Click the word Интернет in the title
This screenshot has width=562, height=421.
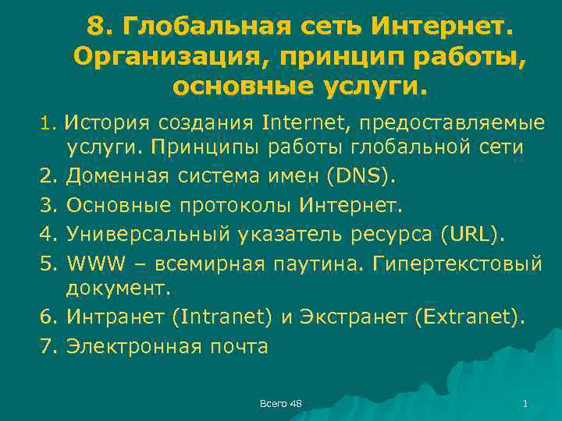(x=443, y=27)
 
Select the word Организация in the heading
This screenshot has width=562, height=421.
(x=169, y=56)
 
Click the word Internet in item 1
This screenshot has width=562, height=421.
(x=298, y=122)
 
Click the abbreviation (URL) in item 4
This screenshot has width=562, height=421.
(x=473, y=233)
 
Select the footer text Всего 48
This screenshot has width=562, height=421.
(x=280, y=402)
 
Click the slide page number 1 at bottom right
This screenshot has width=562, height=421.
(x=525, y=402)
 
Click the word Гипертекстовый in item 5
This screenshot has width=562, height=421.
(x=460, y=261)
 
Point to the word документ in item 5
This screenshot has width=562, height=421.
(x=116, y=289)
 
